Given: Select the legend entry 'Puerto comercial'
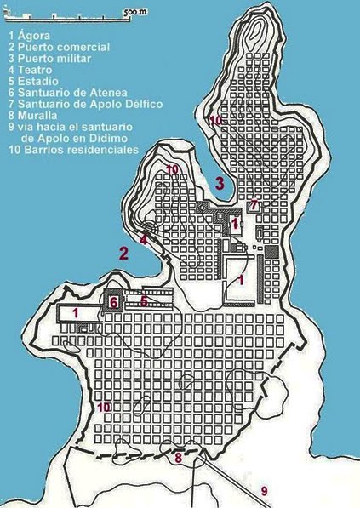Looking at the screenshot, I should pos(58,47).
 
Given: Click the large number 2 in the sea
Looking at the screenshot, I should pos(123,252).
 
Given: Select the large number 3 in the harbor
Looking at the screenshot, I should pos(220,182).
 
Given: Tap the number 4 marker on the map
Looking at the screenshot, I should pos(144,241).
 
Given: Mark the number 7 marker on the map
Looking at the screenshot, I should pos(254,205).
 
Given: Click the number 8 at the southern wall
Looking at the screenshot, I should pos(177,459).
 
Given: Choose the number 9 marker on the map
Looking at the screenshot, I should pos(264,491).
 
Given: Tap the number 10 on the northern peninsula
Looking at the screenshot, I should pos(215,121).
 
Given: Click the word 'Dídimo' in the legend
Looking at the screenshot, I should pos(118,137).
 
